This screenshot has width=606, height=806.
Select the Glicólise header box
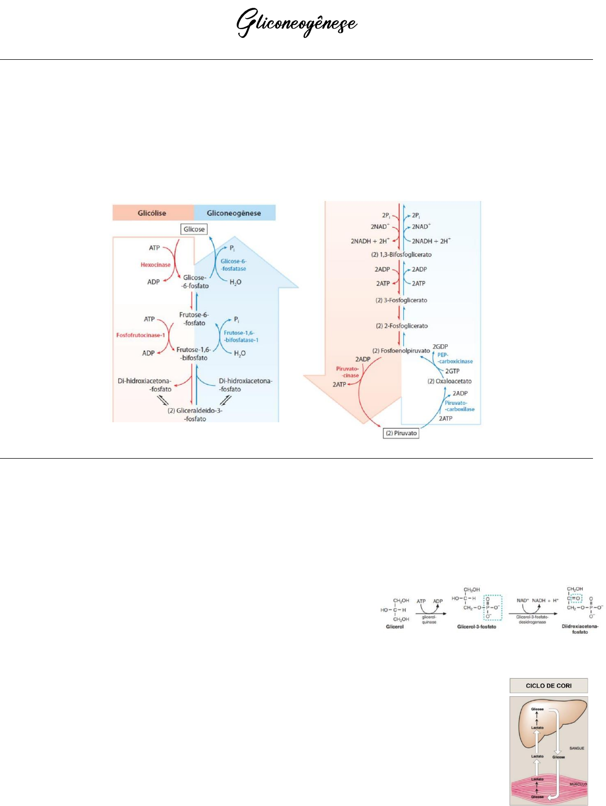pyautogui.click(x=152, y=213)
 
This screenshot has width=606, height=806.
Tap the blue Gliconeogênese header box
pyautogui.click(x=234, y=213)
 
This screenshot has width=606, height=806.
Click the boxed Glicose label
pyautogui.click(x=194, y=229)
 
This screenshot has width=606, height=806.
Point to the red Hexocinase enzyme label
pyautogui.click(x=156, y=265)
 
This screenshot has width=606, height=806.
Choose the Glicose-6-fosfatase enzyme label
pyautogui.click(x=234, y=265)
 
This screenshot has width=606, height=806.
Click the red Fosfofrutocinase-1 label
pyautogui.click(x=140, y=335)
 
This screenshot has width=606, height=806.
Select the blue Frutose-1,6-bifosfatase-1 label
pyautogui.click(x=241, y=336)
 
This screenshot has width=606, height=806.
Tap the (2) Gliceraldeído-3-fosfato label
pyautogui.click(x=195, y=414)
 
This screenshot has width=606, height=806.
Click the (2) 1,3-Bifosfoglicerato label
pyautogui.click(x=401, y=255)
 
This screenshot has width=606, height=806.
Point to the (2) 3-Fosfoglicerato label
pyautogui.click(x=401, y=301)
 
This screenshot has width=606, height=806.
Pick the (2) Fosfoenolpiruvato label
pyautogui.click(x=401, y=351)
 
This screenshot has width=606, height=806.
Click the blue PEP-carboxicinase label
pyautogui.click(x=455, y=358)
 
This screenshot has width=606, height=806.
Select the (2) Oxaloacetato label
pyautogui.click(x=449, y=381)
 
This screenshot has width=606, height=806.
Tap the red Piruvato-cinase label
pyautogui.click(x=347, y=372)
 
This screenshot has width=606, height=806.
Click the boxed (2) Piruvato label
pyautogui.click(x=401, y=433)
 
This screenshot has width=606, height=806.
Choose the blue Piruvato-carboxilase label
pyautogui.click(x=459, y=406)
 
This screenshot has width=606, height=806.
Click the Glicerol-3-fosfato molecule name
pyautogui.click(x=476, y=627)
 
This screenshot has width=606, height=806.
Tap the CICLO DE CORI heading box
pyautogui.click(x=548, y=685)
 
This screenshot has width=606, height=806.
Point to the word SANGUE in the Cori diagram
pyautogui.click(x=576, y=748)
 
